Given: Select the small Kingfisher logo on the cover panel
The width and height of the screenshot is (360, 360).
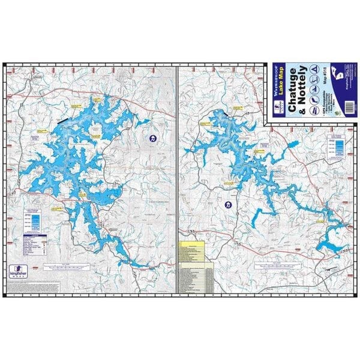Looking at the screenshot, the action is pos(277,107).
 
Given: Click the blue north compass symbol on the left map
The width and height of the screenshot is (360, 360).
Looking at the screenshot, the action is pos(154,139).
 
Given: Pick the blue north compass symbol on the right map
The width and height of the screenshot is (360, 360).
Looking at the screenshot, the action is pos(227,206).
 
